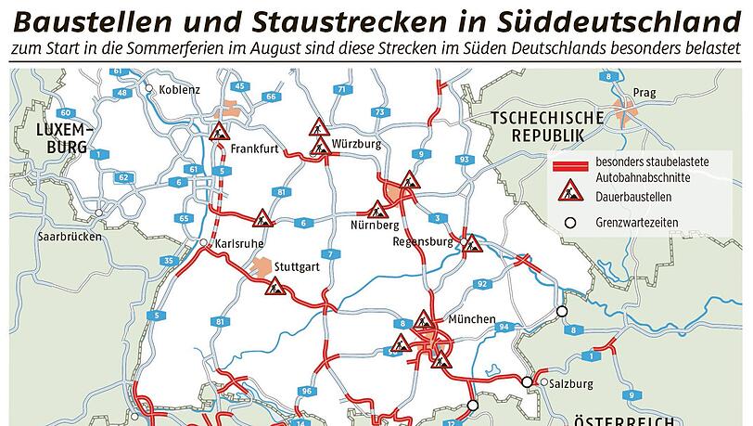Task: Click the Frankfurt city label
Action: point(254,148)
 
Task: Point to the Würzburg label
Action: point(357,145)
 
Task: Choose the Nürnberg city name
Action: point(376,226)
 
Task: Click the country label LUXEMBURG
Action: point(60,138)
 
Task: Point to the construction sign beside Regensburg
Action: point(472,245)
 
